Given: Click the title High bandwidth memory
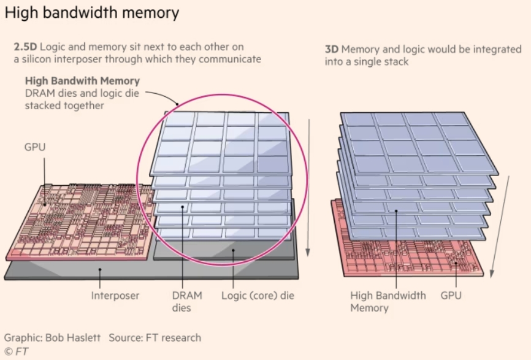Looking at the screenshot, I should click(x=92, y=12).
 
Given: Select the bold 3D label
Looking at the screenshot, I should click(x=332, y=50).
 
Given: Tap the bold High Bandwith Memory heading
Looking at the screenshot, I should click(x=82, y=80).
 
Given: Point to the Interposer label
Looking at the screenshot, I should click(x=115, y=296).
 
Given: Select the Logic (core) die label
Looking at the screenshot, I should click(x=258, y=296).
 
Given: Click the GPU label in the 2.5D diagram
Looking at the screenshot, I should click(x=34, y=147).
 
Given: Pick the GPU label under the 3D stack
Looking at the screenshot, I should click(x=452, y=296).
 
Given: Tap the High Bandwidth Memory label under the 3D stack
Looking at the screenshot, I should click(x=388, y=301).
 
